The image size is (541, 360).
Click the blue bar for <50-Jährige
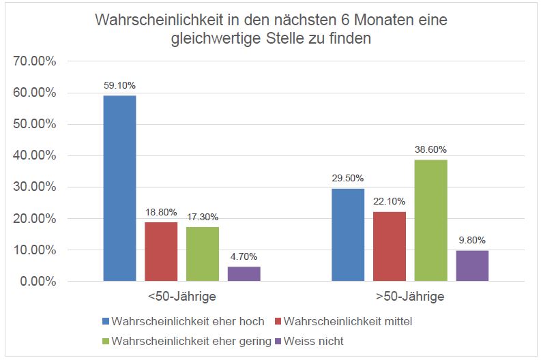pos(119,188)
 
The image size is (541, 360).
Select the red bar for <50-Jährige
pos(161,252)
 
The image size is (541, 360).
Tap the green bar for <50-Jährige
pos(203,254)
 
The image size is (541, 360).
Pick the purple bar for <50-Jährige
pos(244,273)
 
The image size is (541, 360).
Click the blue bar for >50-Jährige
pos(348,235)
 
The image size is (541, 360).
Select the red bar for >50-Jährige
pos(390,246)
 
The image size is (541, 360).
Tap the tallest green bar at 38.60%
pos(430,220)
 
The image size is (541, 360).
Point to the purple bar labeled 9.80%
pos(472,266)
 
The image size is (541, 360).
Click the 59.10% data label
pos(119,85)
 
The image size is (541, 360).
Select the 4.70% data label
pos(244,257)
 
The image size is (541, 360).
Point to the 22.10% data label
pos(390,201)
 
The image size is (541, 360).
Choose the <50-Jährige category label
pos(181,297)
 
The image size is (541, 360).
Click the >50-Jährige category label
pos(410,297)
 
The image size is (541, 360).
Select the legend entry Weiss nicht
pos(319,341)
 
